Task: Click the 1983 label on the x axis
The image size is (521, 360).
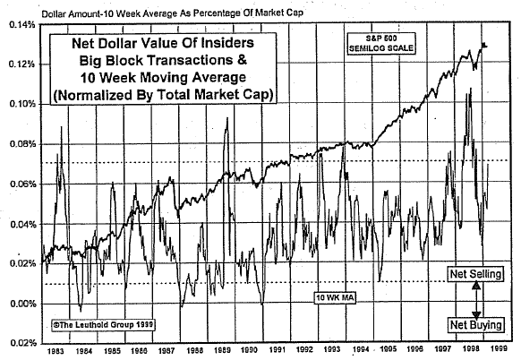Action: tap(55, 351)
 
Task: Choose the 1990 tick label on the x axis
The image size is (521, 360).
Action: tap(250, 351)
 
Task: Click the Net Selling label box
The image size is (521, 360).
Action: tap(474, 276)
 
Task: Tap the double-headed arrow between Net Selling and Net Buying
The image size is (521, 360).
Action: tap(474, 300)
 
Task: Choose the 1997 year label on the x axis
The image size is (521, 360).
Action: tap(442, 351)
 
